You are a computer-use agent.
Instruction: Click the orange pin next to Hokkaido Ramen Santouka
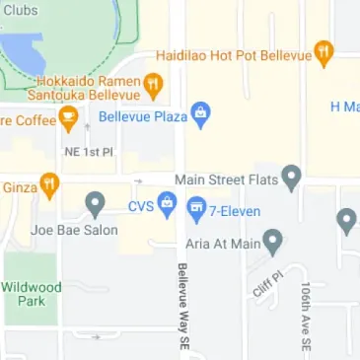click(x=153, y=87)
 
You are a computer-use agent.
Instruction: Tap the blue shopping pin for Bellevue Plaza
click(x=201, y=113)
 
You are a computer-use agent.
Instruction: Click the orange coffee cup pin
click(x=68, y=120)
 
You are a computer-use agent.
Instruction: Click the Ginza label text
click(x=20, y=185)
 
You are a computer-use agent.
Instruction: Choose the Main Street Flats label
click(x=226, y=180)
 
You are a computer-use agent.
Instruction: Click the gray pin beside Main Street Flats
click(x=291, y=178)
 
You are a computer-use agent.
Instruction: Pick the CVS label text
click(x=142, y=207)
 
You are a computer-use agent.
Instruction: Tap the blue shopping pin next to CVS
click(x=168, y=206)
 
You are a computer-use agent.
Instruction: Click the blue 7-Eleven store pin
click(x=196, y=207)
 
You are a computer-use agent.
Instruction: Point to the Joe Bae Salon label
click(x=74, y=230)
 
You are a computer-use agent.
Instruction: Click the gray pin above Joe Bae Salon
click(x=95, y=205)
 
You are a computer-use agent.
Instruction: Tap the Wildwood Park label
click(x=33, y=293)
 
